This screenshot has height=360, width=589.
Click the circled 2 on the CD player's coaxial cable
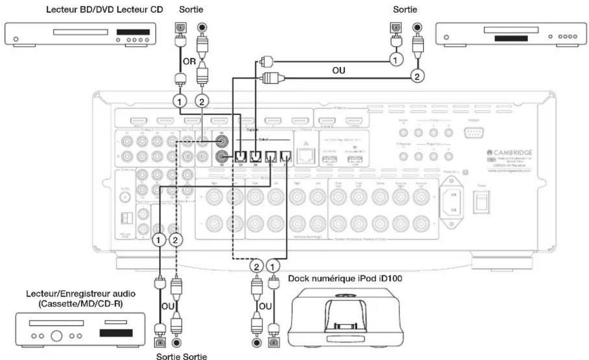415,75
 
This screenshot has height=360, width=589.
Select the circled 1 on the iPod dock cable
274,266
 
